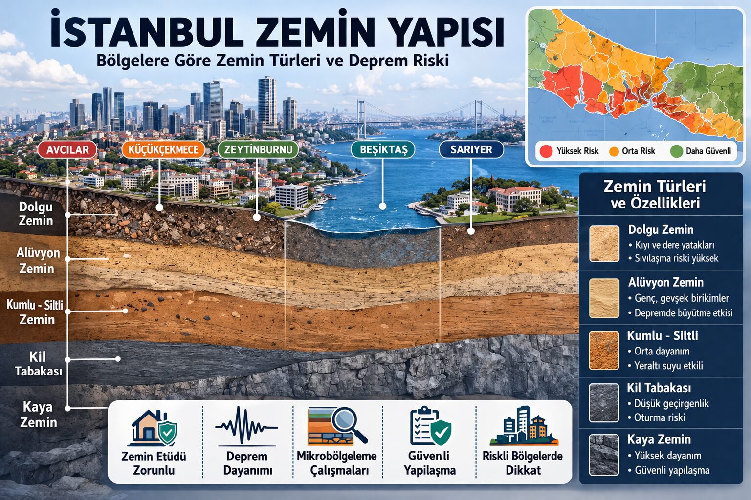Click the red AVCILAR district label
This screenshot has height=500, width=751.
tap(67, 149)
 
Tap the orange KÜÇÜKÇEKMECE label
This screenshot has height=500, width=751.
tap(163, 149)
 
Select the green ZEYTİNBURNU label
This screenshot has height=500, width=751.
tap(258, 149)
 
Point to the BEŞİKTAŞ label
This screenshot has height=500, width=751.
tap(383, 149)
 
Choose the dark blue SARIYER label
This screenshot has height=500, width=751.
tap(471, 149)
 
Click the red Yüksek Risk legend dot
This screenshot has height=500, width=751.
tap(546, 151)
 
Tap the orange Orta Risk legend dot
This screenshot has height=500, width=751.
tap(614, 151)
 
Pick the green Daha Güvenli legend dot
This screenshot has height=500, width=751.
tap(676, 151)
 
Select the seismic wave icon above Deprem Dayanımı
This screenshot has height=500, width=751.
tap(246, 427)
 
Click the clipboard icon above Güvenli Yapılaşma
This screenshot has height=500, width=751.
tap(429, 427)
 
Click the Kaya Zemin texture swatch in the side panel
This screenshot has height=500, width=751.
tap(604, 455)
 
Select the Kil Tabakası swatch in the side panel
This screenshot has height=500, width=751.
tap(604, 403)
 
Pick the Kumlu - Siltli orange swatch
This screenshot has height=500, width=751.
tap(604, 350)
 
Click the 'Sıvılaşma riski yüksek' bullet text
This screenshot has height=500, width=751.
tap(676, 258)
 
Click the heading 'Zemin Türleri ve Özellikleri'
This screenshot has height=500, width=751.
tap(655, 194)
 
